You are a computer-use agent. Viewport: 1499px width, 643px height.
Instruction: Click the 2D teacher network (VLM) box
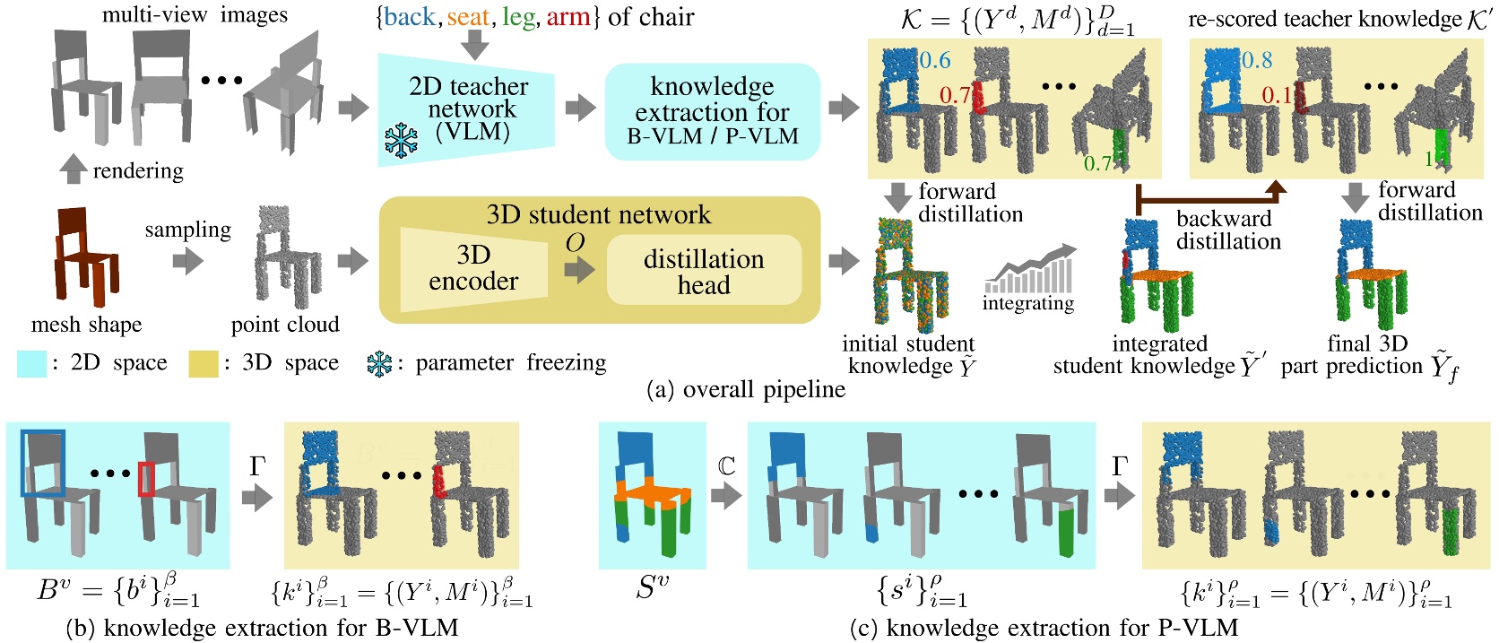pos(466,110)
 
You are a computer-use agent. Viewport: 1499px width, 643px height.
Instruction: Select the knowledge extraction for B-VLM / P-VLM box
pos(712,112)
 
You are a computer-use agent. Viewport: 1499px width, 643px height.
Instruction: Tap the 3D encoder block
pos(472,268)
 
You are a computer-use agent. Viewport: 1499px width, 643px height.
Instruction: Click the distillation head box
pos(703,271)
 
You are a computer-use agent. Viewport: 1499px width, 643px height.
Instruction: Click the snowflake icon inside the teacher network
pos(401,141)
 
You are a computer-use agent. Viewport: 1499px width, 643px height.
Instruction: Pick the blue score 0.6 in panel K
pos(934,61)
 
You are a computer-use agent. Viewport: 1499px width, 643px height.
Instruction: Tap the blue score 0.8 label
pos(1257,60)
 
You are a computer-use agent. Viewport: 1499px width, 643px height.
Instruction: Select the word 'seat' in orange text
pos(467,17)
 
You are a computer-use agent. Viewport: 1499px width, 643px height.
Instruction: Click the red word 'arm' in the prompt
pos(568,17)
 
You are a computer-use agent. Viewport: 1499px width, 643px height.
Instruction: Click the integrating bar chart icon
pos(1029,272)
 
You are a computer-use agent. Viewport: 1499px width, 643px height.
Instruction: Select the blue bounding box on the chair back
pos(43,463)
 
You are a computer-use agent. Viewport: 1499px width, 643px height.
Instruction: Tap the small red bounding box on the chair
pos(146,479)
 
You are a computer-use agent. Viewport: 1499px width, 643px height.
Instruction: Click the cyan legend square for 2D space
pos(32,363)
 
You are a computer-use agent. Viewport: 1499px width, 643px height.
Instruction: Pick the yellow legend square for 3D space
pos(204,363)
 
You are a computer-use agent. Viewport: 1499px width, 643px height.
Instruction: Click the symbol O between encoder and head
pos(575,243)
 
